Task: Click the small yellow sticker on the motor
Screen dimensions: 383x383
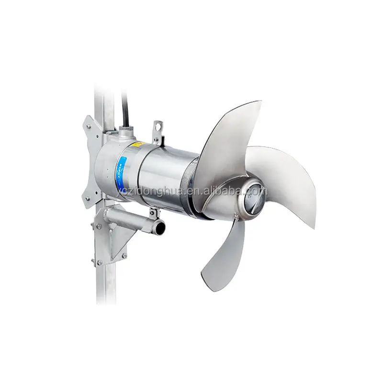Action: pos(138,144)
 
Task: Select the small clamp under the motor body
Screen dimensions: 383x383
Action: pos(154,214)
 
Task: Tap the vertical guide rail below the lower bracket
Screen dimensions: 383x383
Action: pos(106,282)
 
